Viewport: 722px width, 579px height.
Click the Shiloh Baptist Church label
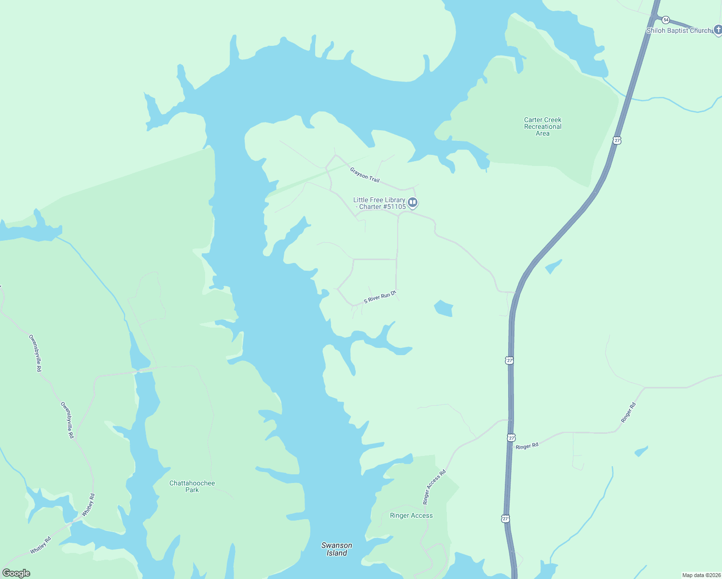679,30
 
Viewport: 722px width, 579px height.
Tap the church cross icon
718,30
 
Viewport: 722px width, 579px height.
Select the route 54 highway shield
666,20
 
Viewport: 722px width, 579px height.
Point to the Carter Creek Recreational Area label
542,126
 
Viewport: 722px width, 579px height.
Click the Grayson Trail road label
365,175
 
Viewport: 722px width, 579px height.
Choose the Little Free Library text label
380,203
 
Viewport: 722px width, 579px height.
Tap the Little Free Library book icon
413,202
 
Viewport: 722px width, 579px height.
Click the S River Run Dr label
380,297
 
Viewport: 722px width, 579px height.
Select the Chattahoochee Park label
192,486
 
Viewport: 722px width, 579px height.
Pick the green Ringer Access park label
411,515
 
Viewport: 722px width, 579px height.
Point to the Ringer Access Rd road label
434,487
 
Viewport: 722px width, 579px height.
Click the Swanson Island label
337,549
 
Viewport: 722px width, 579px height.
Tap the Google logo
16,573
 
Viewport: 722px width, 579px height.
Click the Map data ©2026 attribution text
701,575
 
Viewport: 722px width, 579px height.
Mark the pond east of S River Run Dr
444,308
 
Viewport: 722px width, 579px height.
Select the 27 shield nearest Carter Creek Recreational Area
617,140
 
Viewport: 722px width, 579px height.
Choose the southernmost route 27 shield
505,519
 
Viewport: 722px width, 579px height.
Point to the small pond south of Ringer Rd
641,452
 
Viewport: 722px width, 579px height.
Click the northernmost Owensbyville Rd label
36,353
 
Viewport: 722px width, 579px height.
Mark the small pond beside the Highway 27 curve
553,266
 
